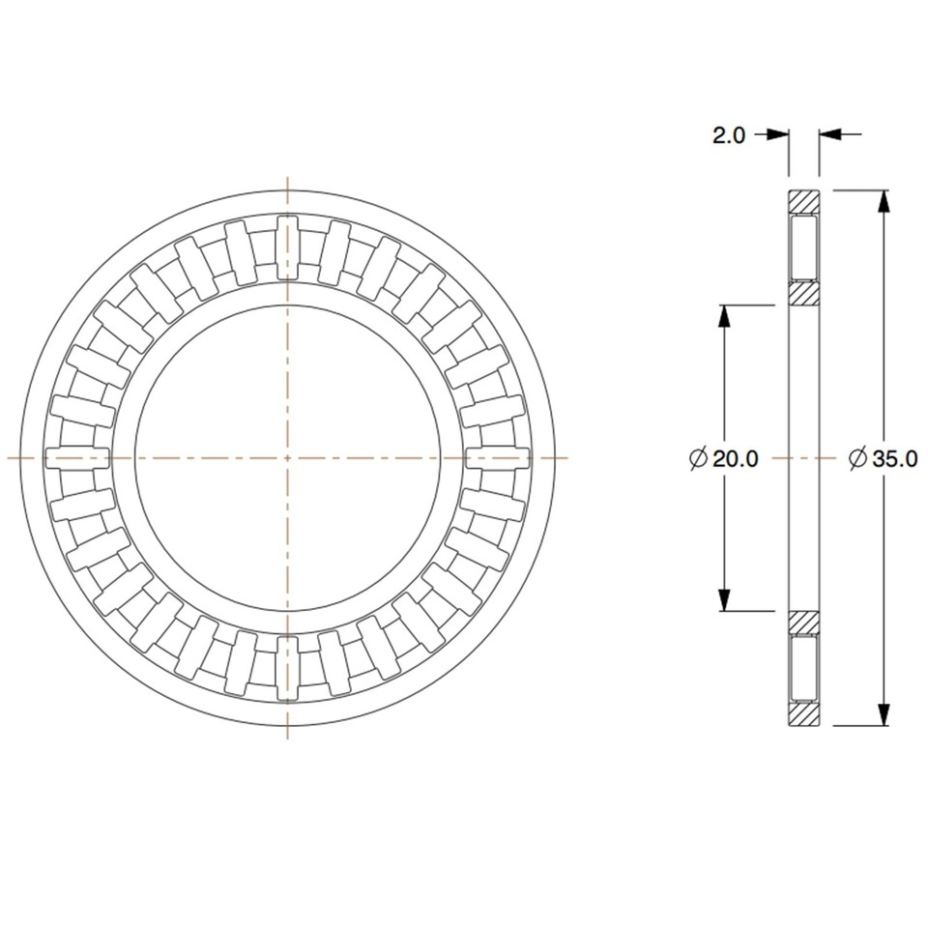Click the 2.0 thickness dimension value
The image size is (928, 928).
pyautogui.click(x=729, y=135)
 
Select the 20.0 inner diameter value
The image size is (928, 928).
pyautogui.click(x=735, y=458)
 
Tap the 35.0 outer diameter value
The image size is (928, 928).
pyautogui.click(x=894, y=459)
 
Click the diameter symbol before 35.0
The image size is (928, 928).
pyautogui.click(x=857, y=459)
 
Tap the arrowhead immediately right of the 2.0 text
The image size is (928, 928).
pyautogui.click(x=779, y=135)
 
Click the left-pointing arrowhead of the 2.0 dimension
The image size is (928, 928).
pyautogui.click(x=830, y=135)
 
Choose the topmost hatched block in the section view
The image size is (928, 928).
pyautogui.click(x=803, y=202)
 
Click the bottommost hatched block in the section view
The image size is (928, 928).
pyautogui.click(x=803, y=713)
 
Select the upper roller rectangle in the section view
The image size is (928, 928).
pyautogui.click(x=803, y=248)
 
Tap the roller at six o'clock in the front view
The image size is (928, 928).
pyautogui.click(x=287, y=666)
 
